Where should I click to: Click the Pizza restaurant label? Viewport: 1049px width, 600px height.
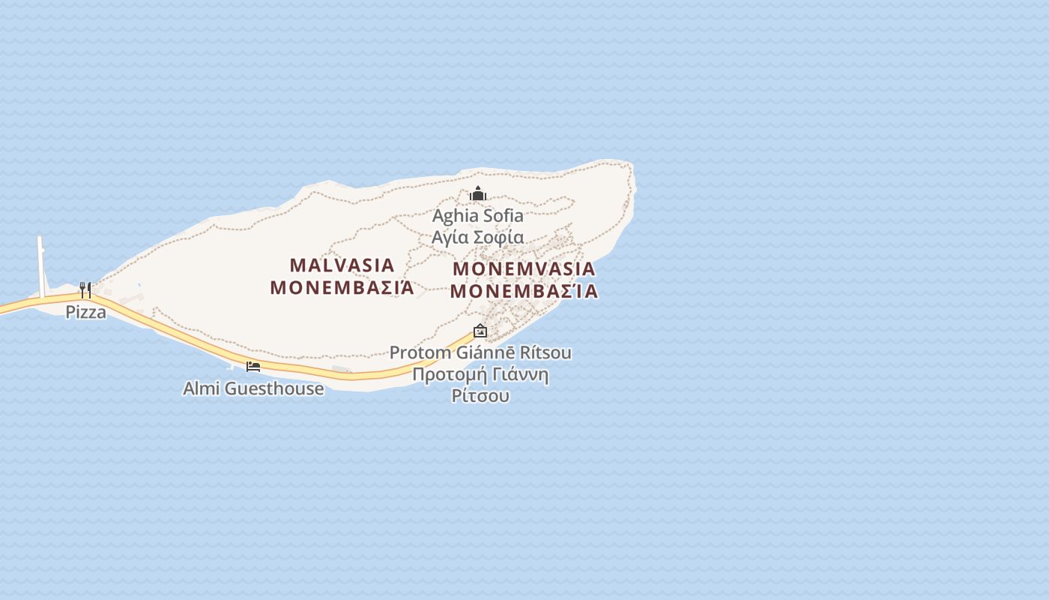(85, 312)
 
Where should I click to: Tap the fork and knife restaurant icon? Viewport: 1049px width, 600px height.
(85, 289)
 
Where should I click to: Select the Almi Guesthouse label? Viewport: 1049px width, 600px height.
(253, 388)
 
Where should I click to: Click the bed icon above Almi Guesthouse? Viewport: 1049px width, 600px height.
(253, 366)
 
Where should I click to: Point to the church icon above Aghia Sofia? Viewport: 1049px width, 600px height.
(478, 194)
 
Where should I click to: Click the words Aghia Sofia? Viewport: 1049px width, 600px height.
(478, 216)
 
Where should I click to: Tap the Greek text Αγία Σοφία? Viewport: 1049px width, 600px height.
(478, 238)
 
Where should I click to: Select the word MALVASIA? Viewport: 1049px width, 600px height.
(342, 265)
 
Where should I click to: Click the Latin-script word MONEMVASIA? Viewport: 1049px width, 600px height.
(524, 268)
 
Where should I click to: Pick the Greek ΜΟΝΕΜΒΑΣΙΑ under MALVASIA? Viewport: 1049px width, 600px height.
(342, 287)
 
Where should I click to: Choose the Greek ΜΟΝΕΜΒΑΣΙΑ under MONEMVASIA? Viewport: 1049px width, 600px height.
(524, 291)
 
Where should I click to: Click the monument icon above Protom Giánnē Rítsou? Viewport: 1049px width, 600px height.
(480, 331)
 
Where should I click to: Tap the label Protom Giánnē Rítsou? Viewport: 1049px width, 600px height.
(480, 352)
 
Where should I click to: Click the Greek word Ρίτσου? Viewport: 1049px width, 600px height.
(480, 395)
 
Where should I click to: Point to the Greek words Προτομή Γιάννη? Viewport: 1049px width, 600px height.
(480, 374)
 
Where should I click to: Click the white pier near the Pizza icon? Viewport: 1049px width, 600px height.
(41, 266)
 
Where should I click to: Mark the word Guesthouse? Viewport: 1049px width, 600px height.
(274, 388)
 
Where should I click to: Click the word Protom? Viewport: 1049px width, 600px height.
(420, 352)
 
